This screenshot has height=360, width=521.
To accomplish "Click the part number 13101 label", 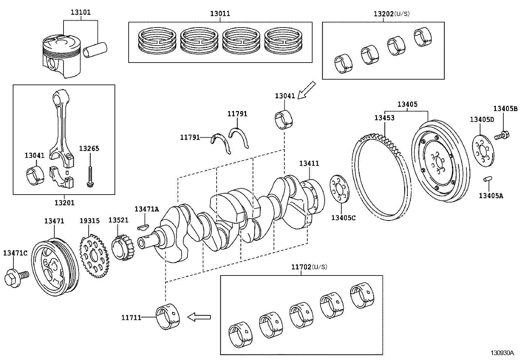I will [81, 13].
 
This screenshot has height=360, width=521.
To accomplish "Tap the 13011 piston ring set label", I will [220, 13].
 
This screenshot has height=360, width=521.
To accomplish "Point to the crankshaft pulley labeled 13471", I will [55, 267].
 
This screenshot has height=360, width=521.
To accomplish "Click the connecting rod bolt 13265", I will [90, 177].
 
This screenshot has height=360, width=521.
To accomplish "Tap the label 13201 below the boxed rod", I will [64, 203].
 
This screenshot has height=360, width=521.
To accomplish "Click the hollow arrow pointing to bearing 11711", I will [199, 317].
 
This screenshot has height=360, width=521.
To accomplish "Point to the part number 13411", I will [309, 163].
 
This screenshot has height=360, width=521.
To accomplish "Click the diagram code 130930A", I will [502, 353].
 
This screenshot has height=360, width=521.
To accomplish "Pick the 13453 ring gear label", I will [385, 118].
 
